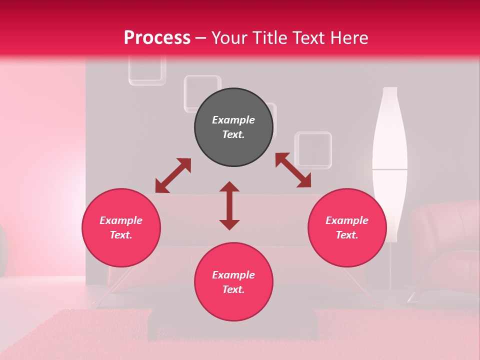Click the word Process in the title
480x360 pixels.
click(157, 38)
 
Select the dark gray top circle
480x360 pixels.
click(233, 127)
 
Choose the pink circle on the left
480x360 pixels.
click(121, 227)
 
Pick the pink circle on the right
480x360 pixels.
click(347, 227)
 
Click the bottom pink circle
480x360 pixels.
click(233, 282)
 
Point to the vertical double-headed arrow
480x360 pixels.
click(229, 205)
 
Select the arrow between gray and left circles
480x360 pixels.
click(173, 175)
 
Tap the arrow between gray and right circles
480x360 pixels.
click(293, 170)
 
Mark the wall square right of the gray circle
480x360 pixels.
click(313, 149)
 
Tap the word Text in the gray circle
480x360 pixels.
click(233, 134)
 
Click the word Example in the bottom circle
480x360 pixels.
click(233, 275)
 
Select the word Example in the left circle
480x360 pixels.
click(121, 220)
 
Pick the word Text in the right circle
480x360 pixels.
click(346, 235)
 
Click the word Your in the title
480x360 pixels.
click(230, 38)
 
